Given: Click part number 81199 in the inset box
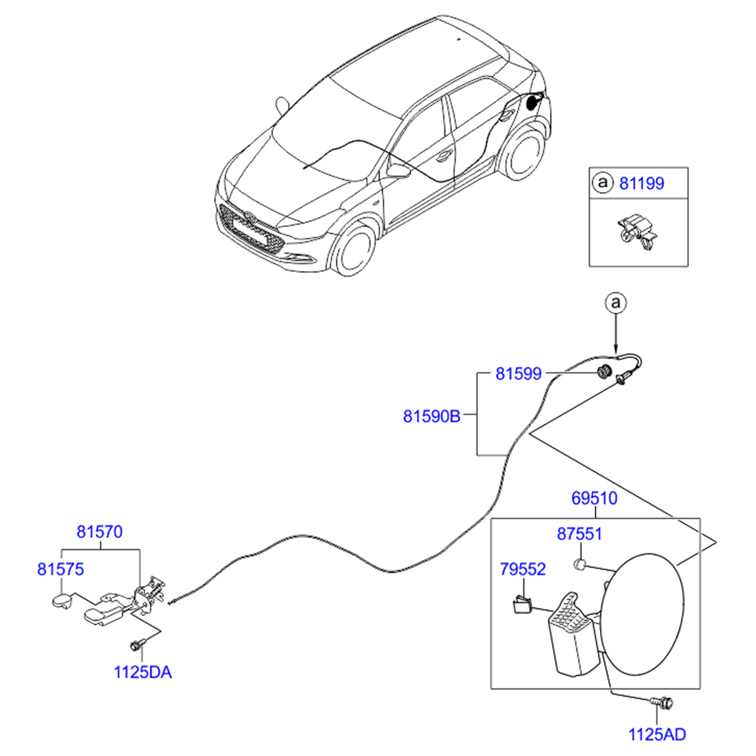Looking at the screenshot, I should (x=641, y=183).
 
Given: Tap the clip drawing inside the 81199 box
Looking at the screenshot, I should (x=638, y=233).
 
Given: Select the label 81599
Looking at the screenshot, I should (x=518, y=373).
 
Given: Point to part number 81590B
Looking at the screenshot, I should (x=431, y=416).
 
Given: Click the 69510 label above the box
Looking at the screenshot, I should (x=594, y=498).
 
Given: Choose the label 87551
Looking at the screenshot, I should (x=579, y=534).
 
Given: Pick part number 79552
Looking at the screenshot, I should (x=523, y=569).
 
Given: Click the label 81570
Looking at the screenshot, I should (x=99, y=532).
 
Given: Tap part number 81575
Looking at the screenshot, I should (x=60, y=569).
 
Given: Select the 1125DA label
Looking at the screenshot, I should (x=143, y=672).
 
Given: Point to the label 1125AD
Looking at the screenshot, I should (x=657, y=734).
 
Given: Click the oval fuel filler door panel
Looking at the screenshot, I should (x=644, y=614).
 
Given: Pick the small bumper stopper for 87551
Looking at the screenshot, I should (x=580, y=564).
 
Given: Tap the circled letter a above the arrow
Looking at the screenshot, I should (x=615, y=303).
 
